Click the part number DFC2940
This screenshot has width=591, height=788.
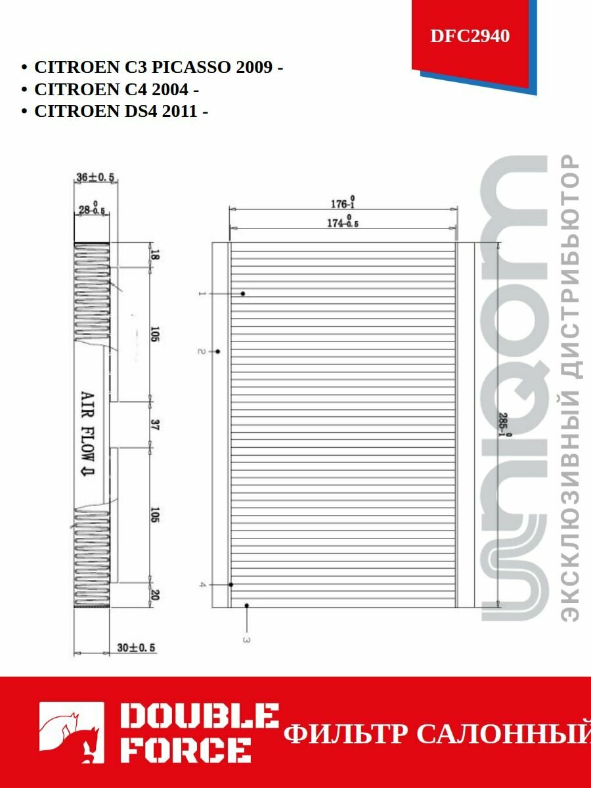470,36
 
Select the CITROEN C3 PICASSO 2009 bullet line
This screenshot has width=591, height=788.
158,68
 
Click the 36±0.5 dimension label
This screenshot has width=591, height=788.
95,177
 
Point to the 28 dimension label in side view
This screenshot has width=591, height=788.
91,209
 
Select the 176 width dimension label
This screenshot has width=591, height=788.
343,203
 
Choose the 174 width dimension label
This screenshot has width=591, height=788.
343,223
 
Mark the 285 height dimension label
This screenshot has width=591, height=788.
504,426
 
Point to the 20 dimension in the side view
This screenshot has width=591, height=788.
155,595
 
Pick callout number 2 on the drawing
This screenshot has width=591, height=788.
202,352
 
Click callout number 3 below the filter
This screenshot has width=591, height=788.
246,638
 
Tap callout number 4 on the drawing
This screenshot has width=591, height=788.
203,584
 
